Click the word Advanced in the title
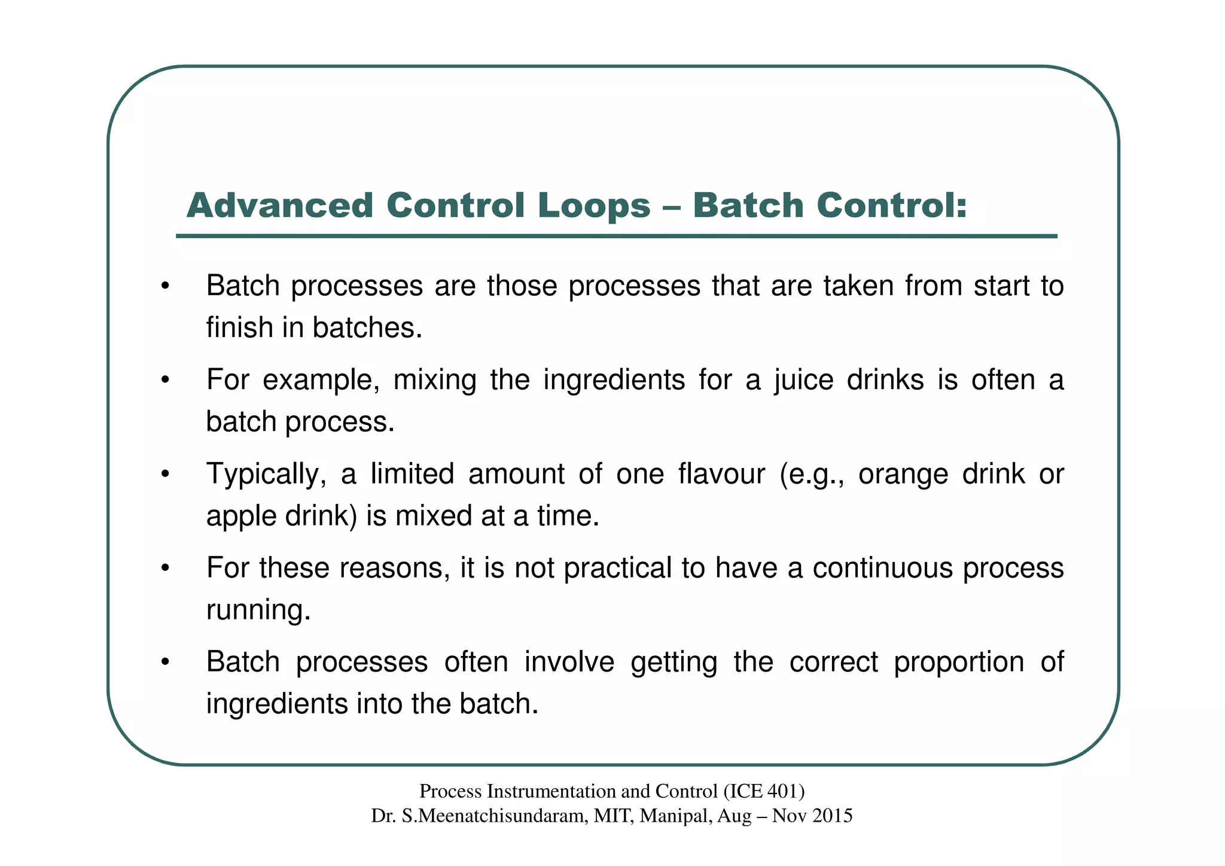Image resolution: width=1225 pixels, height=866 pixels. pyautogui.click(x=280, y=206)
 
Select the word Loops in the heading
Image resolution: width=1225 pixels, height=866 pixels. pyautogui.click(x=594, y=206)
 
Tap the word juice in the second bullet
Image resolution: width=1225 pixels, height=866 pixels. pyautogui.click(x=804, y=380)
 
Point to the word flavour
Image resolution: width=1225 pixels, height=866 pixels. pyautogui.click(x=721, y=474)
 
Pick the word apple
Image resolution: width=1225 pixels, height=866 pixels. pyautogui.click(x=239, y=516)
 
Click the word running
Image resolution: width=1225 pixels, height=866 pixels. pyautogui.click(x=258, y=610)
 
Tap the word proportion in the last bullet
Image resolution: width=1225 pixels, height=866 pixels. pyautogui.click(x=959, y=662)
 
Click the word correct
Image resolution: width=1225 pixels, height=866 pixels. pyautogui.click(x=833, y=662)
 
